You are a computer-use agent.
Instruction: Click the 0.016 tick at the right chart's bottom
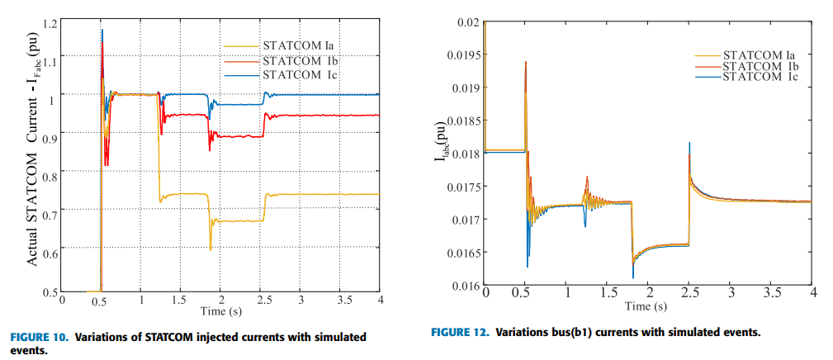pos(467,286)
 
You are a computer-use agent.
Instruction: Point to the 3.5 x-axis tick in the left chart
pos(339,299)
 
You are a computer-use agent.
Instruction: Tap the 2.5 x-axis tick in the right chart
pos(689,293)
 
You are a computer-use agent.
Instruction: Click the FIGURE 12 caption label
pos(459,333)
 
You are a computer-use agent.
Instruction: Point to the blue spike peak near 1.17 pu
pos(102,31)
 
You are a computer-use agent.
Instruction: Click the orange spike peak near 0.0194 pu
pos(525,62)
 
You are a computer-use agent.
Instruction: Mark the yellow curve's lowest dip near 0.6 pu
pos(211,249)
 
